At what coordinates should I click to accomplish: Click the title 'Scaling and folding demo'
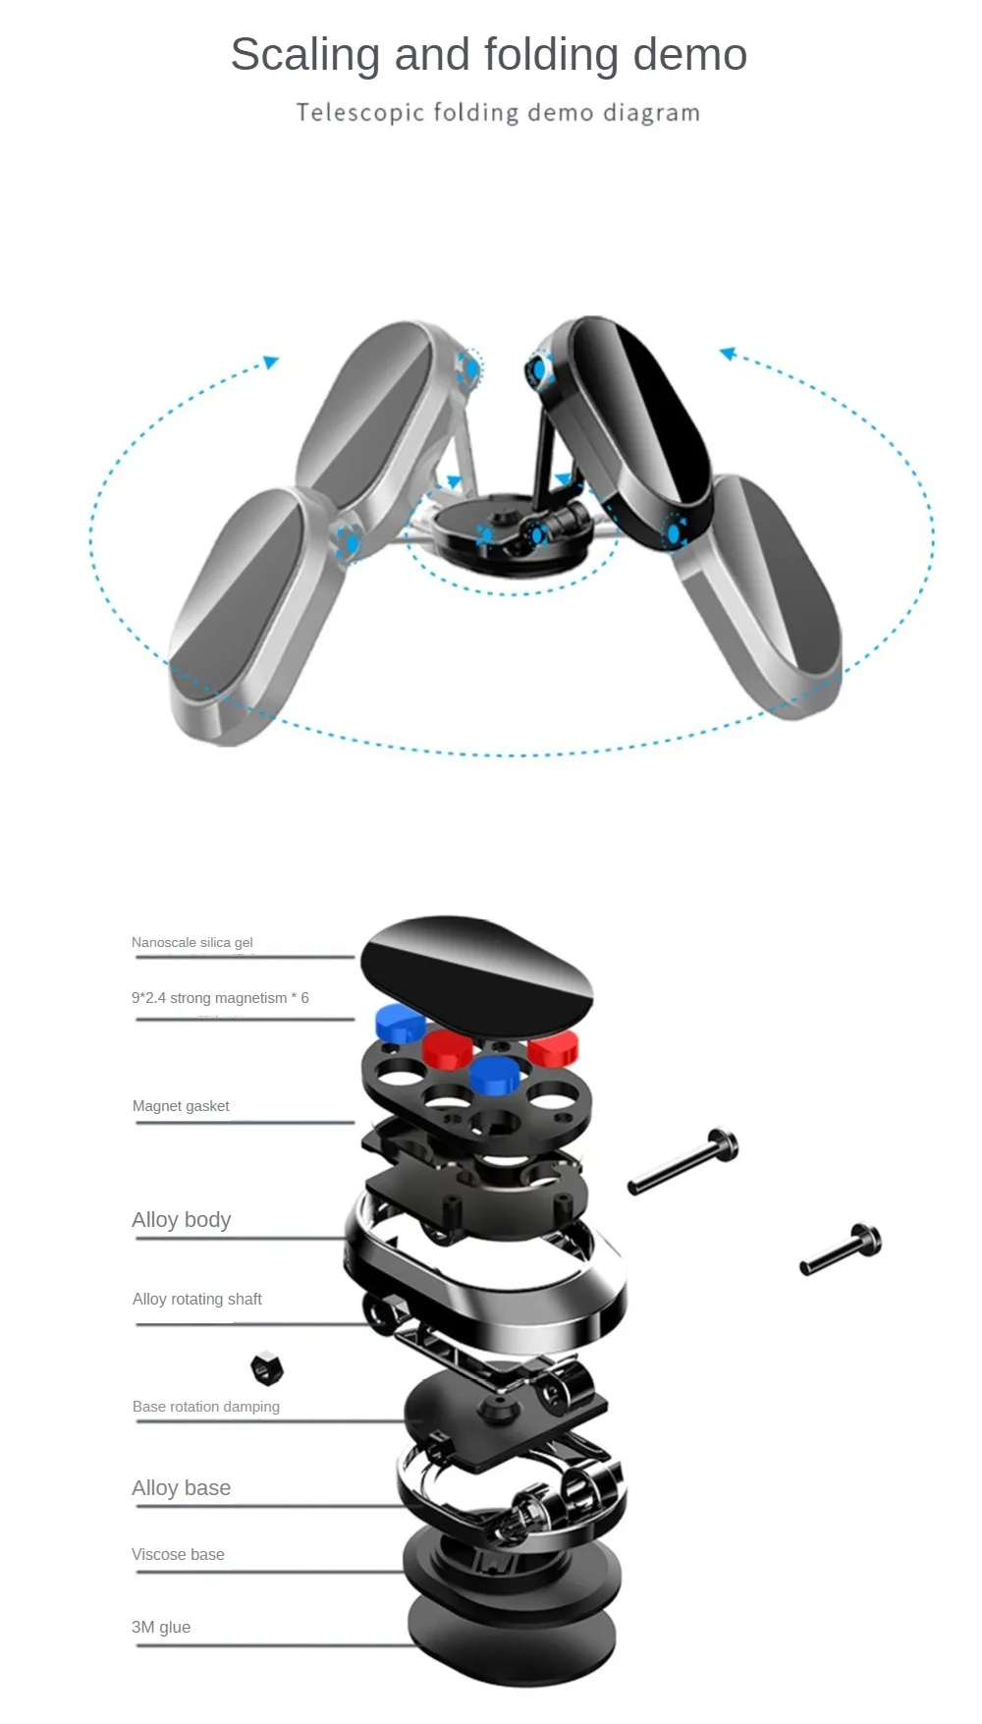click(489, 55)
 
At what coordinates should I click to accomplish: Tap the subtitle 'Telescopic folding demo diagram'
click(498, 113)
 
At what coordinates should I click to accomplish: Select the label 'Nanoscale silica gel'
click(192, 943)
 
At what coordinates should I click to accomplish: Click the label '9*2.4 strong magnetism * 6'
click(220, 998)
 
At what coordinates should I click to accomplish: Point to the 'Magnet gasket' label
click(181, 1106)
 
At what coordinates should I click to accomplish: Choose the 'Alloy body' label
click(182, 1220)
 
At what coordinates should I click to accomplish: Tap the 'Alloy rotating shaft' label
click(197, 1300)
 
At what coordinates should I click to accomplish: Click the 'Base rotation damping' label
click(206, 1407)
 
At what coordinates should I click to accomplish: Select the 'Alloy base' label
click(182, 1488)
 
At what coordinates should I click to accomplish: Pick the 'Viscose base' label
click(178, 1555)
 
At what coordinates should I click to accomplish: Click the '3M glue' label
click(161, 1628)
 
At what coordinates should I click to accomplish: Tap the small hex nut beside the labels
click(266, 1367)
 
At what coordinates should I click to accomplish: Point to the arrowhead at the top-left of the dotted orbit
click(271, 362)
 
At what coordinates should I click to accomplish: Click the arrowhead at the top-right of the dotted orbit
click(728, 354)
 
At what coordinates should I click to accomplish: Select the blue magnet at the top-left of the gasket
click(400, 1023)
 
